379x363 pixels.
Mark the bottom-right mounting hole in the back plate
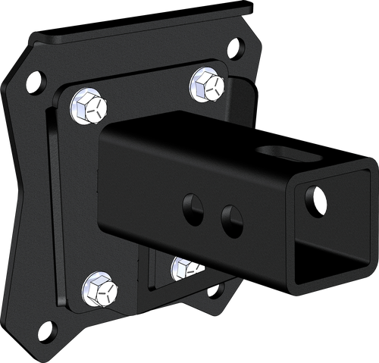[x=215, y=291]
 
